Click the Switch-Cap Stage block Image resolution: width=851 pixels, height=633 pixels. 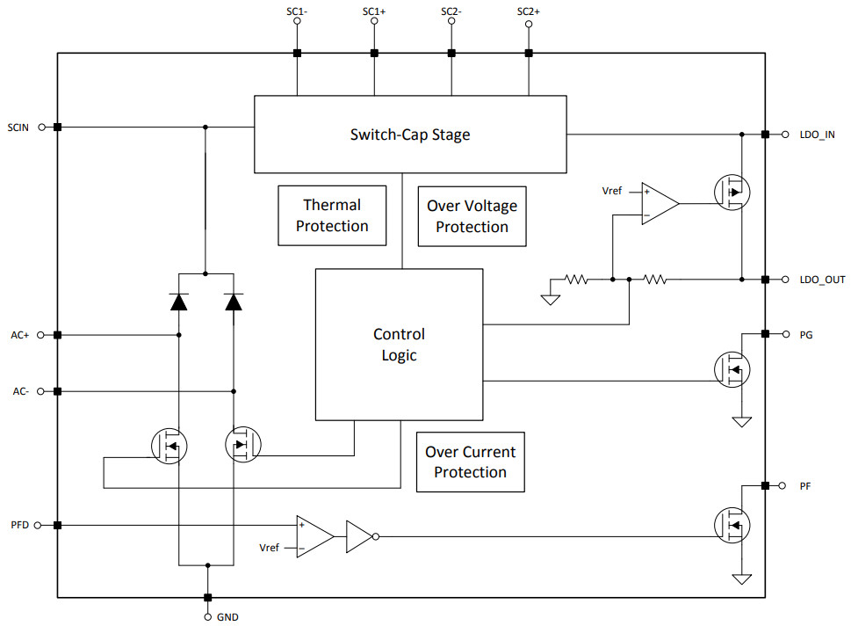point(410,135)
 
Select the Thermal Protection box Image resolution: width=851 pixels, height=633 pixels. point(332,215)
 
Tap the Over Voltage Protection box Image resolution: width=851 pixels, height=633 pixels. point(472,215)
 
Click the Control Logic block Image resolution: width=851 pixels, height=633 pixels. point(399,345)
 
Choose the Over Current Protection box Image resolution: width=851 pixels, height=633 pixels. point(470,462)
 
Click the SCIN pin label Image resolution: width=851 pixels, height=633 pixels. point(18,127)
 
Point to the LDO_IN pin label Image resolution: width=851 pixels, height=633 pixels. point(818,135)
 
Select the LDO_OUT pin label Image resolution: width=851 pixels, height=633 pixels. point(821,280)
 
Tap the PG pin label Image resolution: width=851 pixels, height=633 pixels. point(806,335)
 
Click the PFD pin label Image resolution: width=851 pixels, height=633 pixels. point(19,525)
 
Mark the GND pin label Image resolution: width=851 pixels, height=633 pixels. point(227,617)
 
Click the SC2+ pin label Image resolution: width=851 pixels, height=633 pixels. point(529,11)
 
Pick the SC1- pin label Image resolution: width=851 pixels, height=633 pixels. point(297,11)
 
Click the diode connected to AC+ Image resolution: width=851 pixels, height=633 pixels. point(178,302)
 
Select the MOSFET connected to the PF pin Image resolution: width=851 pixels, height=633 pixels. point(731,525)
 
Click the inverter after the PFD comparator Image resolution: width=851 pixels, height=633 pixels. point(359,535)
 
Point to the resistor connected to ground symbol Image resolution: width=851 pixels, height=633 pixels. point(576,280)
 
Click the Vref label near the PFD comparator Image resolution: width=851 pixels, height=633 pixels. point(270,548)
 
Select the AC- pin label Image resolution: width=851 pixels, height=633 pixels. point(21,391)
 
